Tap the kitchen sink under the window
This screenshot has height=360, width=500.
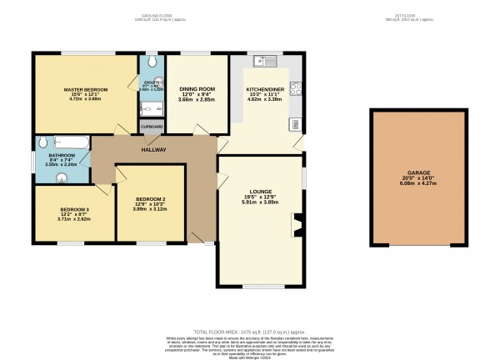click(266, 61)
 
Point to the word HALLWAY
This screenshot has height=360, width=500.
click(154, 150)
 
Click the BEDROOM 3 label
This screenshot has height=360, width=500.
click(74, 209)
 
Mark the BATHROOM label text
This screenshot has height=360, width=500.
click(62, 156)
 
